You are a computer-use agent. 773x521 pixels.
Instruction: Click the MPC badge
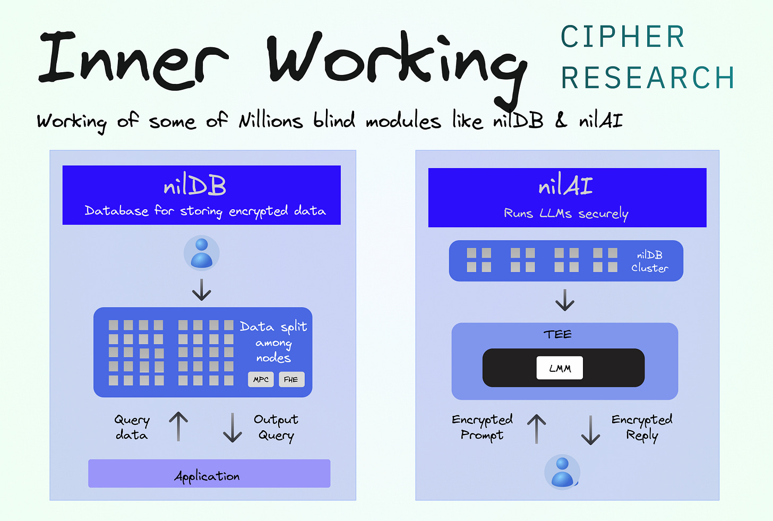pos(261,379)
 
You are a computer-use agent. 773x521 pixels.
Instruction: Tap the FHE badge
pos(291,379)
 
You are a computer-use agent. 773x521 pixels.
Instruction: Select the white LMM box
pos(560,368)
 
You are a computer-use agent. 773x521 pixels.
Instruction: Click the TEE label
pos(557,334)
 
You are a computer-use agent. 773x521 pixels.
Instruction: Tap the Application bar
pos(209,474)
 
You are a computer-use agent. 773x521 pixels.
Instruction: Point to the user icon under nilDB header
pos(201,253)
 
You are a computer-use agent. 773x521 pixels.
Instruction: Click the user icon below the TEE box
pos(562,472)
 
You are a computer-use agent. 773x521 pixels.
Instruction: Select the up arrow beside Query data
pos(178,426)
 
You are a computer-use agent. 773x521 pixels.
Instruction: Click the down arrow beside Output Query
pos(233,428)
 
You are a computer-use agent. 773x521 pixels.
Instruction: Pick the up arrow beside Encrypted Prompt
pos(537,429)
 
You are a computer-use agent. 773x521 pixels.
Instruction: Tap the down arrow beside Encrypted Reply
pos(590,430)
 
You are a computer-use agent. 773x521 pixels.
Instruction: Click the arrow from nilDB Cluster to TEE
pos(565,300)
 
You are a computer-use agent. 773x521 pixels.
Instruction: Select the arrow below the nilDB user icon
pos(201,290)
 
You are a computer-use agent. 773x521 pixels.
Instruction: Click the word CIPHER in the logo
pos(623,37)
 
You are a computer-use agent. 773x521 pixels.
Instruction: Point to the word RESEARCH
pos(648,78)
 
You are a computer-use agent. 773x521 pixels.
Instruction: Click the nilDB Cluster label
pos(649,261)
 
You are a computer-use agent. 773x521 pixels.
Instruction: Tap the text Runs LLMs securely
pos(566,213)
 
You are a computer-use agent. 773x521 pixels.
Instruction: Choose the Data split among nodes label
pos(273,342)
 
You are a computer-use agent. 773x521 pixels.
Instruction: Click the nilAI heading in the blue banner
pos(565,186)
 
